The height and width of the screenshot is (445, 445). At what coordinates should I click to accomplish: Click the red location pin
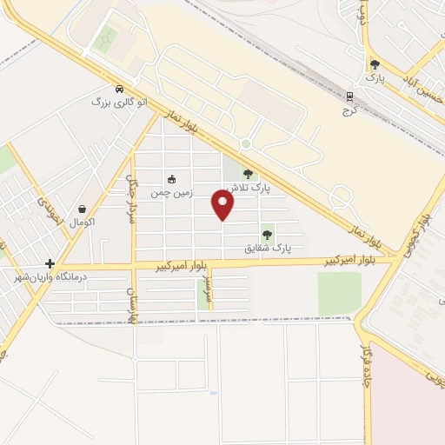(223, 204)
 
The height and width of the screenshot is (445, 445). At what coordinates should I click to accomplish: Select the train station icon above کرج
(349, 96)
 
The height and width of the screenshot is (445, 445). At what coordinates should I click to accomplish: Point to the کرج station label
(349, 110)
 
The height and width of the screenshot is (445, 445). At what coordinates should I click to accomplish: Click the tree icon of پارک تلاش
(249, 174)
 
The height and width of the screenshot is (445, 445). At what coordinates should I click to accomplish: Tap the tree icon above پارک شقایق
(267, 235)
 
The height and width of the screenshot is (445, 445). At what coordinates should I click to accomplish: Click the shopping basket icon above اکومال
(82, 209)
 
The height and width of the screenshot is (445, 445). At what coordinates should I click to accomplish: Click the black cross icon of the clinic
(50, 263)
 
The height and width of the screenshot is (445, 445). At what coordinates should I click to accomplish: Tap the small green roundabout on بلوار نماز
(246, 143)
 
